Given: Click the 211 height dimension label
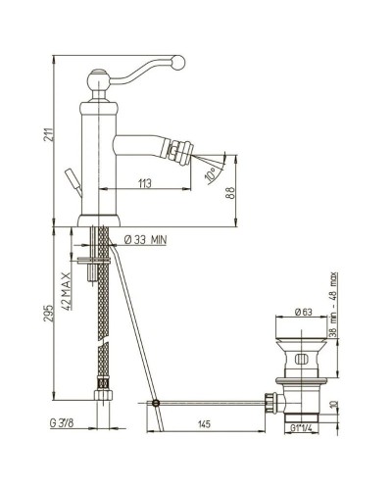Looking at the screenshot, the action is tap(48, 134).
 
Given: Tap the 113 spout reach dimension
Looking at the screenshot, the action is tap(145, 183).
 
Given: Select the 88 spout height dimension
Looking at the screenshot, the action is tap(230, 193).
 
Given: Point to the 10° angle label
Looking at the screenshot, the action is tap(211, 173).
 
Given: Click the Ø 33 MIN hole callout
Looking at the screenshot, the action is tap(145, 240).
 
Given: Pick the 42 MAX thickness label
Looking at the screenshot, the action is tap(67, 291).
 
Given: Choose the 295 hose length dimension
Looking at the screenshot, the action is tap(48, 313).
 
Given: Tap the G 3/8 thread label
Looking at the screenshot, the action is tap(62, 423).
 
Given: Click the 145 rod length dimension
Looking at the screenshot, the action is tap(204, 424).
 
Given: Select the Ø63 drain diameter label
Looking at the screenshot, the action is tap(304, 312).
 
